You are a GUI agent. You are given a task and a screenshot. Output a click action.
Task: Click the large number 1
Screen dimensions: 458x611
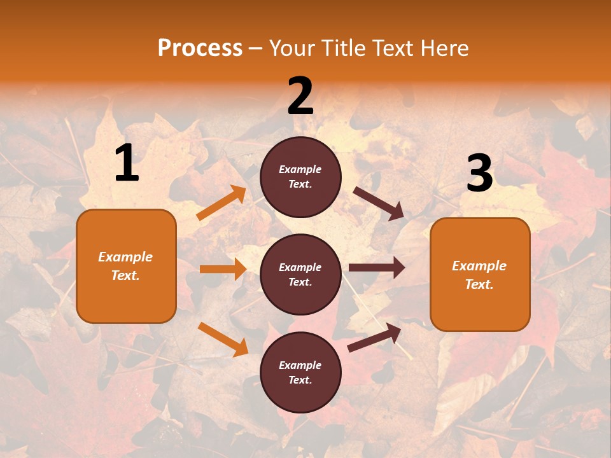pos(127,163)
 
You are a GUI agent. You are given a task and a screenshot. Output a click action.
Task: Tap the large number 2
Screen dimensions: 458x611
pos(300,96)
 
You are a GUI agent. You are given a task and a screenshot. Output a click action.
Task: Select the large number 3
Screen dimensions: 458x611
pos(479,174)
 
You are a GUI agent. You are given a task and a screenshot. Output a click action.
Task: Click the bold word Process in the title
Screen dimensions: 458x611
pos(200,48)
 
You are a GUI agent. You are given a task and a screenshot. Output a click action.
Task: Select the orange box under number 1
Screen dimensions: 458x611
pos(126,266)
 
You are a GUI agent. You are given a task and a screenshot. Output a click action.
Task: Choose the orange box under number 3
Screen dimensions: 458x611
pos(480,274)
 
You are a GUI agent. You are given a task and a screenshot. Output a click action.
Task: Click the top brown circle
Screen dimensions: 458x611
pos(300,177)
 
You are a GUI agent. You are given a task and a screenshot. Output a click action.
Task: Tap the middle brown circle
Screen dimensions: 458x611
pos(300,274)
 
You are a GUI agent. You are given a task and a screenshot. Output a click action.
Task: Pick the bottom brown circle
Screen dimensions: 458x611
pos(300,372)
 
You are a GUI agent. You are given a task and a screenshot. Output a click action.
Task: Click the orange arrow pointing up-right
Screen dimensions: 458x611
pos(221,203)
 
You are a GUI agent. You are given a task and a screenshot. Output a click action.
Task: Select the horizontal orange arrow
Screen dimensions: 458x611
pos(223,269)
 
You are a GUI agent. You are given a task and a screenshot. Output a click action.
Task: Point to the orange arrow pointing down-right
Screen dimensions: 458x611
pos(223,339)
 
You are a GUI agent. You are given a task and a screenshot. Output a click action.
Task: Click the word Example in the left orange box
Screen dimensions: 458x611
pos(125,257)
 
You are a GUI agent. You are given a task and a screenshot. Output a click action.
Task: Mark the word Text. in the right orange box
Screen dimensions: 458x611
pos(479,284)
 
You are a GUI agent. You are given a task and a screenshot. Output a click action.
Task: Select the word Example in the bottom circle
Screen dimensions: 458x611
pos(300,365)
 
